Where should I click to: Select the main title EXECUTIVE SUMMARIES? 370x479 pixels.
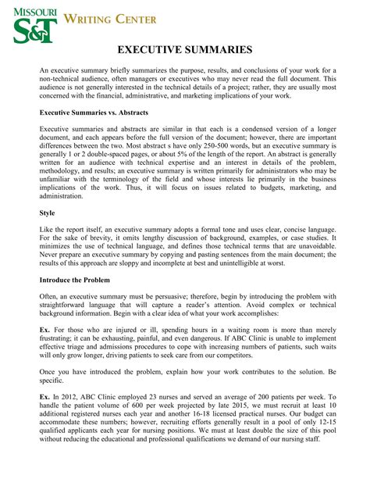tap(184, 50)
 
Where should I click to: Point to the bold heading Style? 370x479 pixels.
tap(47, 212)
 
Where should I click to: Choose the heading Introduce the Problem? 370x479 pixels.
tap(74, 279)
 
